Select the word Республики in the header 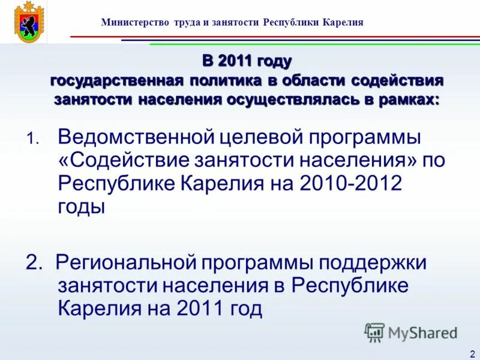290,23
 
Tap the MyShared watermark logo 411,332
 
